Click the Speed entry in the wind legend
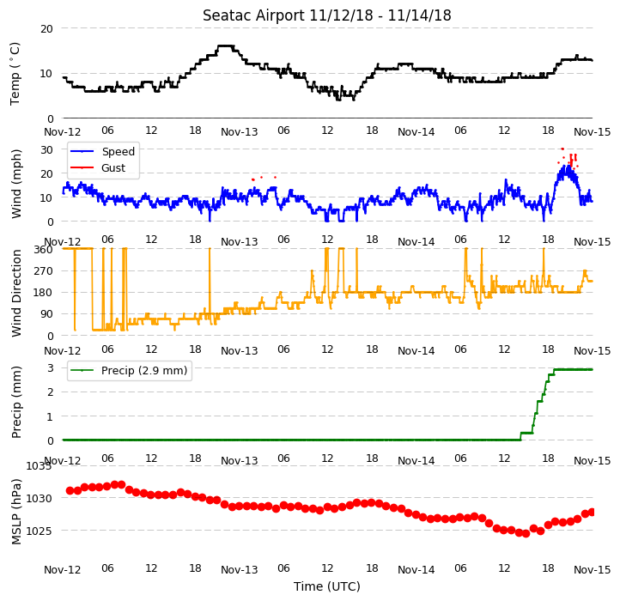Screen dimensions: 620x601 [x=119, y=151]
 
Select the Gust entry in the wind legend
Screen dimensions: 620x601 [x=113, y=167]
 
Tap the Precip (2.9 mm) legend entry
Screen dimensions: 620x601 [x=144, y=371]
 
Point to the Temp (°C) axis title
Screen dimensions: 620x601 [x=15, y=74]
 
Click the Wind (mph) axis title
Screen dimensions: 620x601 [x=15, y=184]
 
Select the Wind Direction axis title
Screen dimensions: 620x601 [x=15, y=293]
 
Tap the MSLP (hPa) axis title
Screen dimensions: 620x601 [x=15, y=512]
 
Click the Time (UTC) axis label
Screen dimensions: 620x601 [x=326, y=586]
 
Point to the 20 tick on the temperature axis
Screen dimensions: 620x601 [x=46, y=28]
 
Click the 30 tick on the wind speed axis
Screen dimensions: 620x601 [x=46, y=150]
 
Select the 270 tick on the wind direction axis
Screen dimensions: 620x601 [x=44, y=270]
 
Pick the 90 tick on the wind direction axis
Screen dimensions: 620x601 [x=46, y=314]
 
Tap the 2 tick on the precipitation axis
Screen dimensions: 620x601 [x=50, y=392]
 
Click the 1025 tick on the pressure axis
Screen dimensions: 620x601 [x=40, y=531]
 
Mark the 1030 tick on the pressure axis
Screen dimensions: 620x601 [x=40, y=498]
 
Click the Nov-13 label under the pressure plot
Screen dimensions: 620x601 [x=240, y=570]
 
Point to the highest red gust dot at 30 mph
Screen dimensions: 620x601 [x=562, y=149]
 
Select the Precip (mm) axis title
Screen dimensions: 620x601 [x=15, y=402]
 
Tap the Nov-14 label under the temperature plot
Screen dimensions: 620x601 [x=416, y=131]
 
